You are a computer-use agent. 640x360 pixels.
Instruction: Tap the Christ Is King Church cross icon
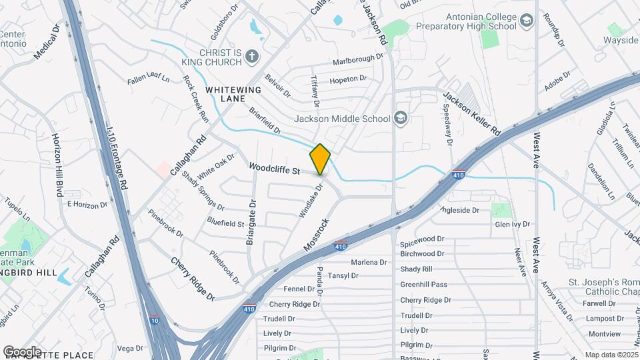(252, 57)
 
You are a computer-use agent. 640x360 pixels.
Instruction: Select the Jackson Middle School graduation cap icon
(400, 119)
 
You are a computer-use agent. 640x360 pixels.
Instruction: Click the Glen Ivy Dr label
(512, 225)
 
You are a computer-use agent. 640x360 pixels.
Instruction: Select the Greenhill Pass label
(423, 285)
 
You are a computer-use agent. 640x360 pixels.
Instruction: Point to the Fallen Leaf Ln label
(149, 80)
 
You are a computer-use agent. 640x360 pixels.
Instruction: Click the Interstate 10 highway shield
(155, 321)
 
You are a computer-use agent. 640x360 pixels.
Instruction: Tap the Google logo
(22, 351)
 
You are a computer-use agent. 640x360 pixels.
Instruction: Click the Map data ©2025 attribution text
(611, 355)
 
